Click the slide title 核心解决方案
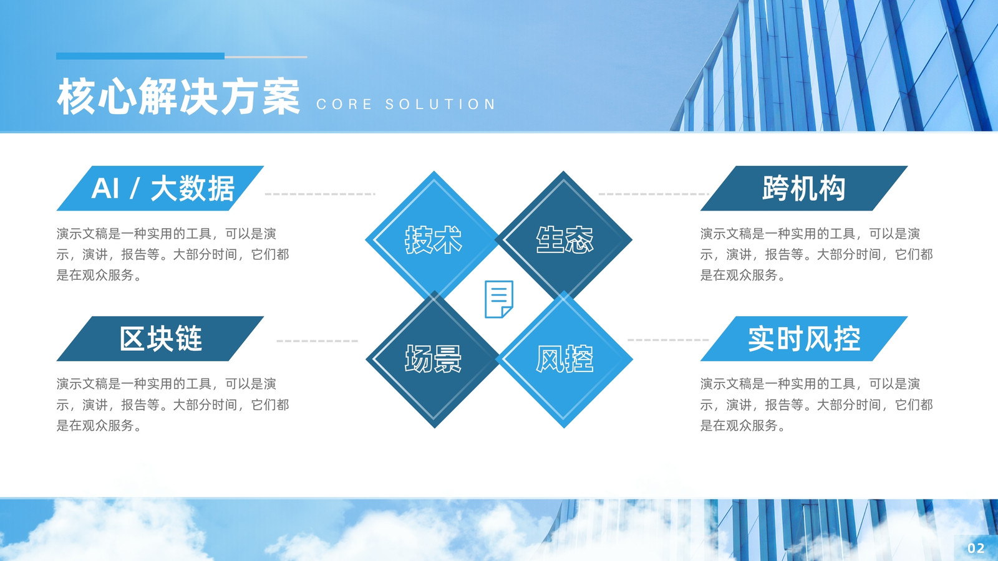178,96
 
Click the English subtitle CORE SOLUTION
406,104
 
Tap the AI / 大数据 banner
160,188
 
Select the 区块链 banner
160,338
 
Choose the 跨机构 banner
804,188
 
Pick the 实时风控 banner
804,338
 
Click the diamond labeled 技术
433,239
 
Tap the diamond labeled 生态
564,239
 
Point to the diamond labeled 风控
564,359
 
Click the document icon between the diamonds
499,299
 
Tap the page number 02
976,548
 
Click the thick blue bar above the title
140,56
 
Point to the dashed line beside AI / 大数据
321,194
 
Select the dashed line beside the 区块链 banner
317,341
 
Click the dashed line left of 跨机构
654,194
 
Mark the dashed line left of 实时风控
668,340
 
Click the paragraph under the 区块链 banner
173,405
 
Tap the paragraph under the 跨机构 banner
816,254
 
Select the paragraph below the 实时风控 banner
816,405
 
